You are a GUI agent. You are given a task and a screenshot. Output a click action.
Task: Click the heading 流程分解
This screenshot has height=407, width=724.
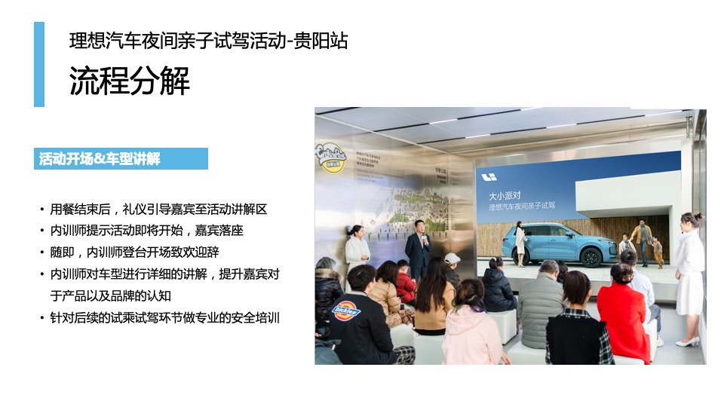130,81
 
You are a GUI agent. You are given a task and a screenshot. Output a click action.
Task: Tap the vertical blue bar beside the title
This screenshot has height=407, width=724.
39,64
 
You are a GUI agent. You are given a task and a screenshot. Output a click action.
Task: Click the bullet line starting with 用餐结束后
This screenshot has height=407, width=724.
158,209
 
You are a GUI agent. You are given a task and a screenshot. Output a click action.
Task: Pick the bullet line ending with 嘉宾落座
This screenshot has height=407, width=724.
146,231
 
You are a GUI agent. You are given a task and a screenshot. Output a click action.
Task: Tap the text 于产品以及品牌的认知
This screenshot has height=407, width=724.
110,295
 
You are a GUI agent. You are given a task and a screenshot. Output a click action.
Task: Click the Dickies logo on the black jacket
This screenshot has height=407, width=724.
346,310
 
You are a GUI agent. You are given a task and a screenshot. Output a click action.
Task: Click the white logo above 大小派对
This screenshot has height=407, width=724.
489,177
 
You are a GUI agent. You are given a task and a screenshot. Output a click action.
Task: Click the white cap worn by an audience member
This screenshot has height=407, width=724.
452,258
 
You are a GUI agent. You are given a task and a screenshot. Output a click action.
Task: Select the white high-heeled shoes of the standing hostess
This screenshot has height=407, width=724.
686,341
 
